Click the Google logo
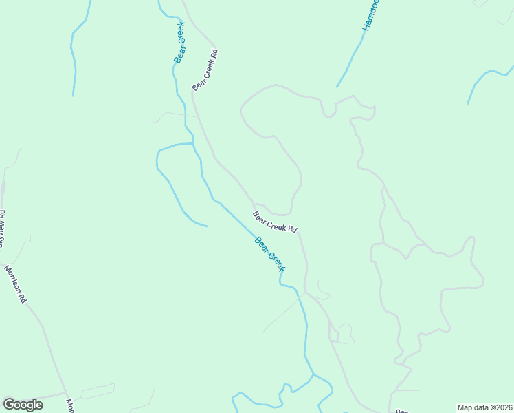[23, 405]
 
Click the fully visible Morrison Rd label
[15, 284]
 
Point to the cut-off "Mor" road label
[69, 405]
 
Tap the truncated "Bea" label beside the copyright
[403, 410]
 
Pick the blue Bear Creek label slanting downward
[269, 253]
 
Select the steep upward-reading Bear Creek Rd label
[205, 70]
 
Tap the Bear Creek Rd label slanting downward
[275, 222]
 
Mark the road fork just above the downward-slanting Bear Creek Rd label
[254, 204]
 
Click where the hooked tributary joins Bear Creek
[193, 143]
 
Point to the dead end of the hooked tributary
[207, 225]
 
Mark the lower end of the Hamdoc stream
[337, 87]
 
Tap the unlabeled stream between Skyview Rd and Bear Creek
[72, 55]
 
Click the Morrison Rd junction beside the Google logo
[65, 394]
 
